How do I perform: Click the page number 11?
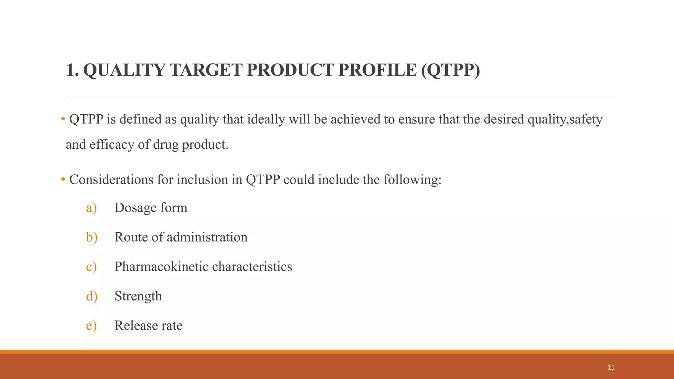[x=611, y=367]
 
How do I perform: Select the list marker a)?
[x=91, y=208]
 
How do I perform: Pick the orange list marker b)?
[x=92, y=237]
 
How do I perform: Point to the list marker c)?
[x=91, y=266]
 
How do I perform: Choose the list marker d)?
[x=92, y=296]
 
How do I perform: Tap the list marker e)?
[x=91, y=325]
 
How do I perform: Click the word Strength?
[x=138, y=296]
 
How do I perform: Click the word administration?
[x=207, y=237]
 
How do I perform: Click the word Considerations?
[x=111, y=180]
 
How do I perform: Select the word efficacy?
[x=112, y=144]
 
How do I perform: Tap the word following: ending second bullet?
[x=412, y=180]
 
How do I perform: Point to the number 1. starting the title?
[x=72, y=70]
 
